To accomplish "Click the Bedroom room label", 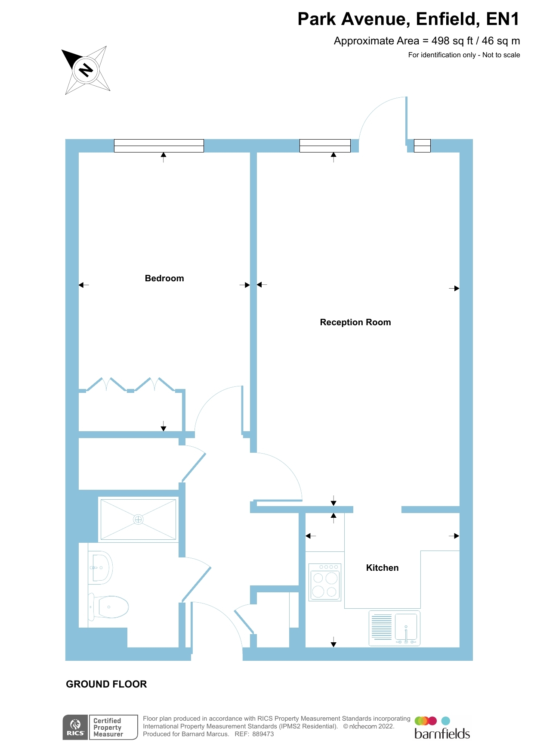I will (164, 279).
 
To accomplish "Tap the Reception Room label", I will (355, 323).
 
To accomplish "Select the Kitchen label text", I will (382, 568).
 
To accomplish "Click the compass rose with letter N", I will (86, 70).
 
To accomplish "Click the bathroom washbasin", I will (101, 568).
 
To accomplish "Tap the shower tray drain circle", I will (138, 520).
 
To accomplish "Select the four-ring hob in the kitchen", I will (325, 582).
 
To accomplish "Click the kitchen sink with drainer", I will (394, 628).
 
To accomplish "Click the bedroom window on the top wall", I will (159, 146).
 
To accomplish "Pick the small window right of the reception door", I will (422, 146).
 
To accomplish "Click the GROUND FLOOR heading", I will (106, 684).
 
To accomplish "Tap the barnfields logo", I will (442, 728).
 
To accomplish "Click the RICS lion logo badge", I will (75, 728).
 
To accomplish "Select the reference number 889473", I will (263, 734).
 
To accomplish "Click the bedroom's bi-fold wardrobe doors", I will (130, 385).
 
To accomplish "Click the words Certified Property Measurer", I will (108, 728).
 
